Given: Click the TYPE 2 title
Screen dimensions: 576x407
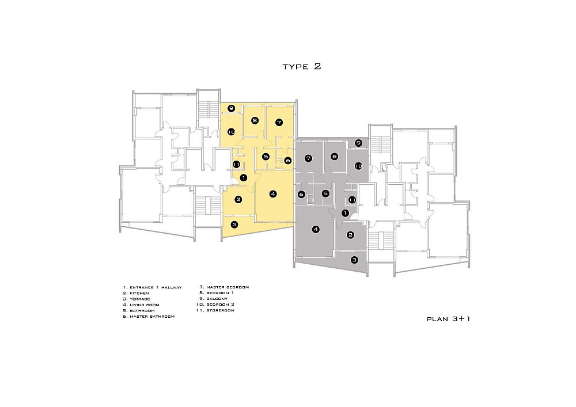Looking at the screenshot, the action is coord(302,66).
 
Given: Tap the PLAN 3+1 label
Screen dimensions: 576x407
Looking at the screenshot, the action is coord(448,319).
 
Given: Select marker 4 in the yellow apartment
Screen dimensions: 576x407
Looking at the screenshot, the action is coord(272,194).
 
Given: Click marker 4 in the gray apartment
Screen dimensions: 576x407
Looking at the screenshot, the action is coord(316,229).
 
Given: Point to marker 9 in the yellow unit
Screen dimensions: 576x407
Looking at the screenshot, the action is coord(231,108).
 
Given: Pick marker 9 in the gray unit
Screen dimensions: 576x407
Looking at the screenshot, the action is coord(358,143).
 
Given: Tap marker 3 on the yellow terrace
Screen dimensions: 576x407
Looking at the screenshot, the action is coord(234,225).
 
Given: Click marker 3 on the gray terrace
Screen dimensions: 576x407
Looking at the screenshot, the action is coord(354,260).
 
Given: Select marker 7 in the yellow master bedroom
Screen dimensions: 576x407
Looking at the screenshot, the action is coord(279,122).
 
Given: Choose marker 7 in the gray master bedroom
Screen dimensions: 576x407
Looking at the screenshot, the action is coord(308,158).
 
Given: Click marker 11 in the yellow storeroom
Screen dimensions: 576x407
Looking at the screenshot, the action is coord(236,164).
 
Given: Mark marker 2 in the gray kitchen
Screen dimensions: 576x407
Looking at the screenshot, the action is coord(350,235).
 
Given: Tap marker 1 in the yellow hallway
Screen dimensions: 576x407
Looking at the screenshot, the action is coord(243,178).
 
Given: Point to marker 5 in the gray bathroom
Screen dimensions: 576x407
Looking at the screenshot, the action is coord(325,193).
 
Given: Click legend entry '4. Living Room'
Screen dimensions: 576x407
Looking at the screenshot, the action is coord(141,305).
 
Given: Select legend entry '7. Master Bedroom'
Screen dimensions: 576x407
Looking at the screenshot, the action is coord(224,287).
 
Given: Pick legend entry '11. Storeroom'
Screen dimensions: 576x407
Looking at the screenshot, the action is coord(215,310).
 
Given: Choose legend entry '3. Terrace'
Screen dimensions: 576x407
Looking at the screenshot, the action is coord(137,299).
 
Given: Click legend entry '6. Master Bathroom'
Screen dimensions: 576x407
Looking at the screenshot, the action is coord(149,317).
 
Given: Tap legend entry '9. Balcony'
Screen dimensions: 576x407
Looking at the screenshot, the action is coord(214,299).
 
